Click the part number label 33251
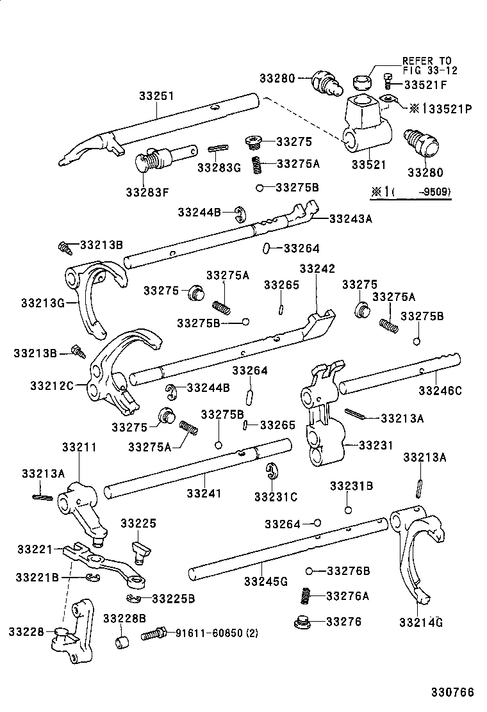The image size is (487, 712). click(x=156, y=95)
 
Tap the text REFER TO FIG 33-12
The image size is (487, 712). click(x=430, y=65)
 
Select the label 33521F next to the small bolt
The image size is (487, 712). click(x=425, y=84)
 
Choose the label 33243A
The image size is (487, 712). click(x=351, y=218)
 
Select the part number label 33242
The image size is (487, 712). click(x=317, y=268)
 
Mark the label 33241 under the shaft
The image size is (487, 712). click(x=204, y=494)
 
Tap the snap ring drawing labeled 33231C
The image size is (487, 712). click(x=272, y=474)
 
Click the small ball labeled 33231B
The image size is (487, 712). click(x=347, y=510)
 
